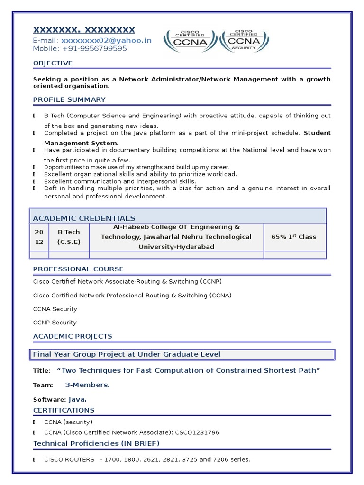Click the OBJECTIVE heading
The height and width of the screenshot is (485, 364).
coord(53,63)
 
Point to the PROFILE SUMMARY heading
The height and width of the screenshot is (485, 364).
coord(69,99)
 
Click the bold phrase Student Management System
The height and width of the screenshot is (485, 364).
coord(81,143)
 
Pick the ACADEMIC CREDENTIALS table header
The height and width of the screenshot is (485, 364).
coord(84,218)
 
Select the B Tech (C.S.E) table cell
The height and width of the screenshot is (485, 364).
coord(69,237)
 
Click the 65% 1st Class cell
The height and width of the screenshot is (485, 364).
coord(293,237)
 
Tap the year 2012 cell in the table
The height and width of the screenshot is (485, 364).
coord(39,237)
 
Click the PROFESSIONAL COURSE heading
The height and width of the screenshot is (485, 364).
coord(78,269)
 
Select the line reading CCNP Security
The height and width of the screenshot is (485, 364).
coord(55,323)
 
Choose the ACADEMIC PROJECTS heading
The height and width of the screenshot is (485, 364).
coord(73,336)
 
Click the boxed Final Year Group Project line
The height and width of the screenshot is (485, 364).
coord(126,354)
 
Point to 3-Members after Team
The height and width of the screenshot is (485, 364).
coord(87,385)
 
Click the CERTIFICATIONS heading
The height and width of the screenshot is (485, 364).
coord(64,410)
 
